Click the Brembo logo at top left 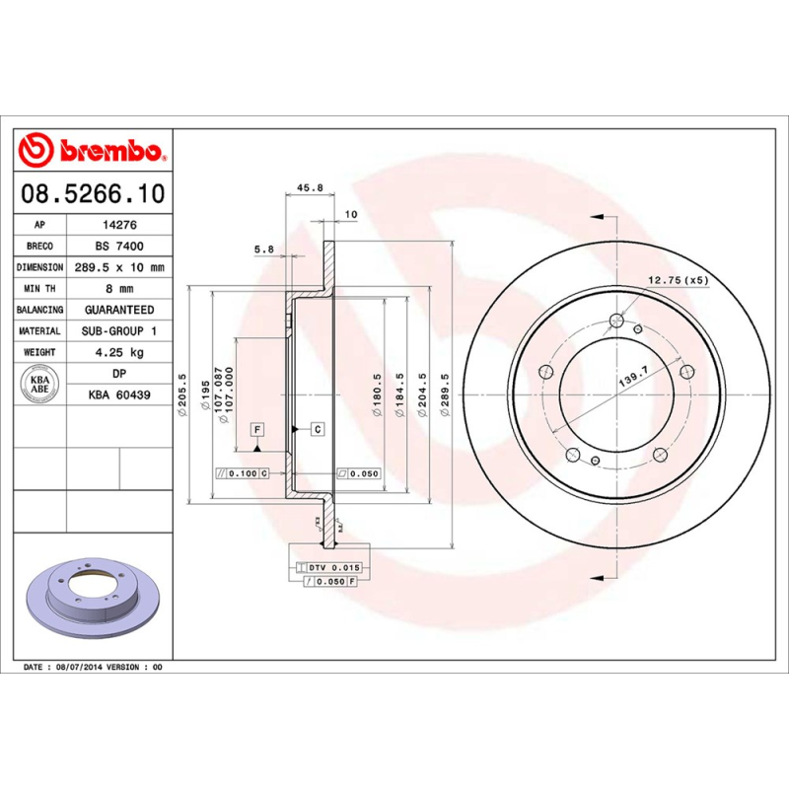coord(92,151)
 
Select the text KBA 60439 coord(118,395)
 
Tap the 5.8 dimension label coord(263,250)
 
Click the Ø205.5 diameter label coord(182,394)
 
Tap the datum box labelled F coord(256,429)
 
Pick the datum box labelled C coord(318,429)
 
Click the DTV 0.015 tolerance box coord(329,568)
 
